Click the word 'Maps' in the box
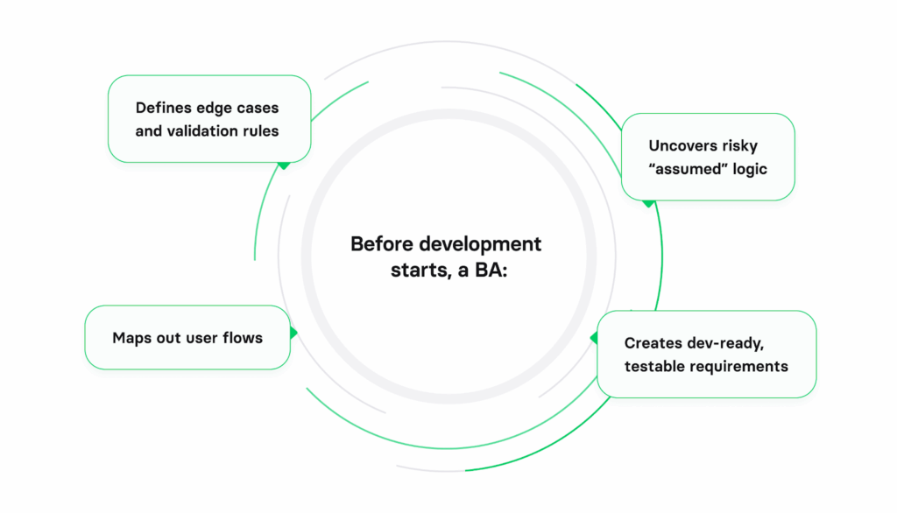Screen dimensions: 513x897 point(131,338)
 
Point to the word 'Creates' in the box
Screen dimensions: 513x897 point(652,343)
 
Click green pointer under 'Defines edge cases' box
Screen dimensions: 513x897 point(283,165)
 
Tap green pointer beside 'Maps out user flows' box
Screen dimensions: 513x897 point(293,333)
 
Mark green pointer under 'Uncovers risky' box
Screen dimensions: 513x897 point(648,203)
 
